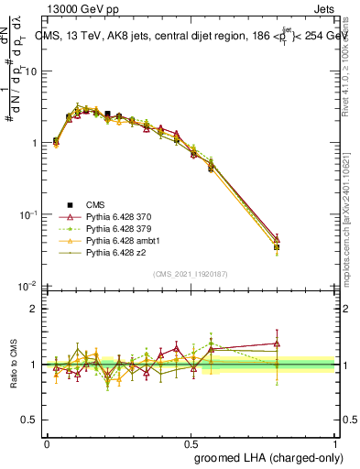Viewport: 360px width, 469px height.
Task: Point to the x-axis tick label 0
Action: click(x=47, y=442)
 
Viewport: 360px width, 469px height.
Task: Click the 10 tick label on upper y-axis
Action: click(x=32, y=71)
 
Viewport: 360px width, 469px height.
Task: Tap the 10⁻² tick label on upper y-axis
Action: click(x=29, y=286)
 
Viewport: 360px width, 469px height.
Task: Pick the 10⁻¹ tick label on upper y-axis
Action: click(x=29, y=214)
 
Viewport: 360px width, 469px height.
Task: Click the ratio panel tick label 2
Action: click(x=35, y=309)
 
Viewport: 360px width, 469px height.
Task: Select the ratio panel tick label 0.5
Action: click(x=30, y=420)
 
